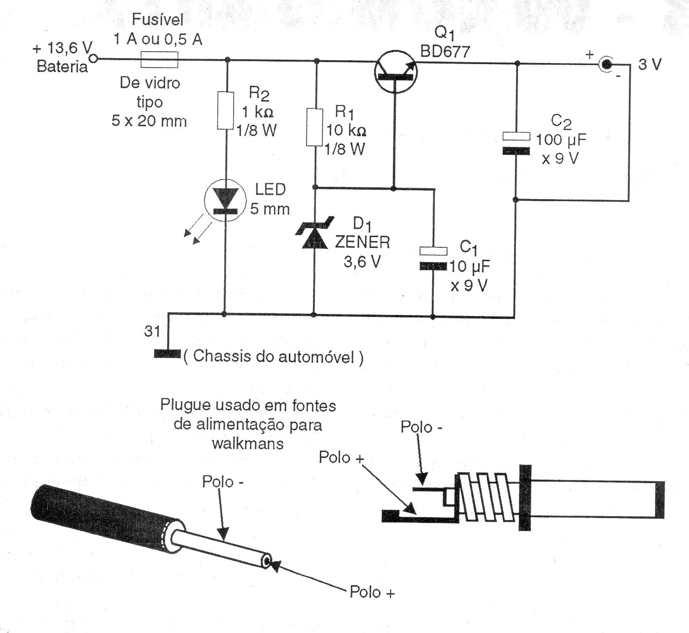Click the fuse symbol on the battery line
[x=159, y=60]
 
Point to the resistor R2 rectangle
[x=225, y=110]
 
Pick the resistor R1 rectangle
[x=314, y=127]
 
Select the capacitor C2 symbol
[x=516, y=143]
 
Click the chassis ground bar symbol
[x=167, y=353]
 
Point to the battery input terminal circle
[x=93, y=60]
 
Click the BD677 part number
[x=445, y=51]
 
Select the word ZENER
[x=362, y=242]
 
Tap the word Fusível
[x=158, y=20]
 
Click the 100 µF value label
[x=561, y=140]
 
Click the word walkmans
[x=248, y=443]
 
